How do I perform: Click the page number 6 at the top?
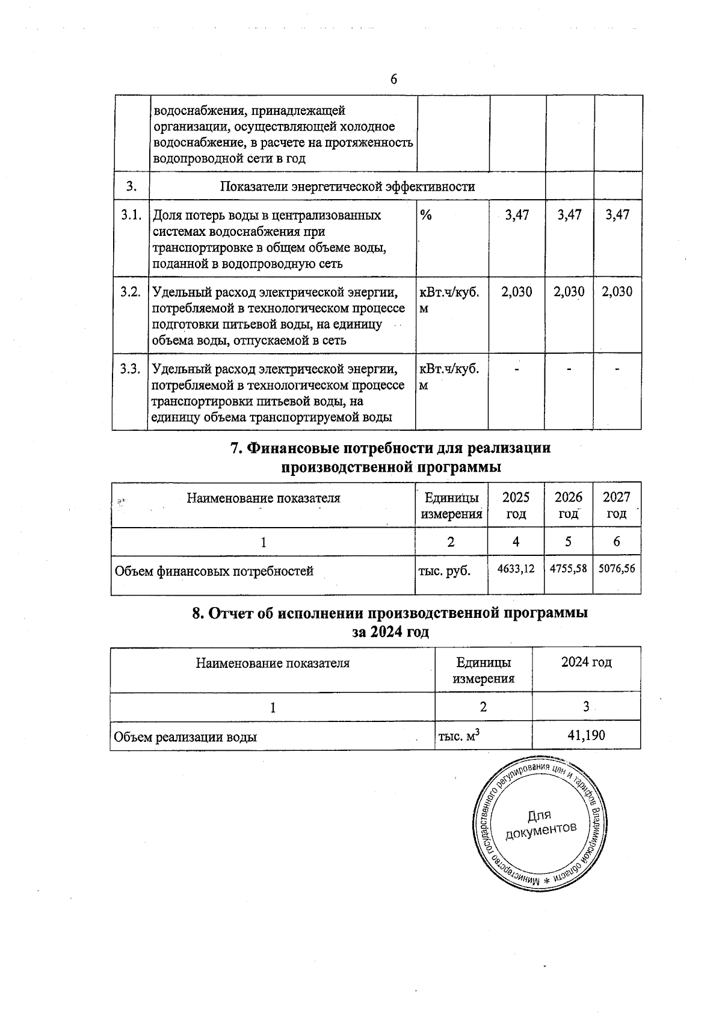pyautogui.click(x=393, y=79)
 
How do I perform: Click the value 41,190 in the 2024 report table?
pyautogui.click(x=586, y=735)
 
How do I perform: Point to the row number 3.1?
pyautogui.click(x=131, y=215)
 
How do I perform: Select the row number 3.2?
pyautogui.click(x=131, y=292)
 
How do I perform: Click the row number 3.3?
pyautogui.click(x=131, y=369)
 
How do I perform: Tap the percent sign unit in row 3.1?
pyautogui.click(x=426, y=215)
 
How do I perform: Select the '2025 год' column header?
pyautogui.click(x=516, y=505)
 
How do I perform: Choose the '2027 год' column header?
pyautogui.click(x=617, y=505)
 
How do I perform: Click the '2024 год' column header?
pyautogui.click(x=586, y=662)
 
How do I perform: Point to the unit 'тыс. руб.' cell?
pyautogui.click(x=444, y=571)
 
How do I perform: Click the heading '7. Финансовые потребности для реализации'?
pyautogui.click(x=391, y=449)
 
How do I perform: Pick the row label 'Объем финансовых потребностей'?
pyautogui.click(x=214, y=571)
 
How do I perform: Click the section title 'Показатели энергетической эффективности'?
pyautogui.click(x=347, y=187)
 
